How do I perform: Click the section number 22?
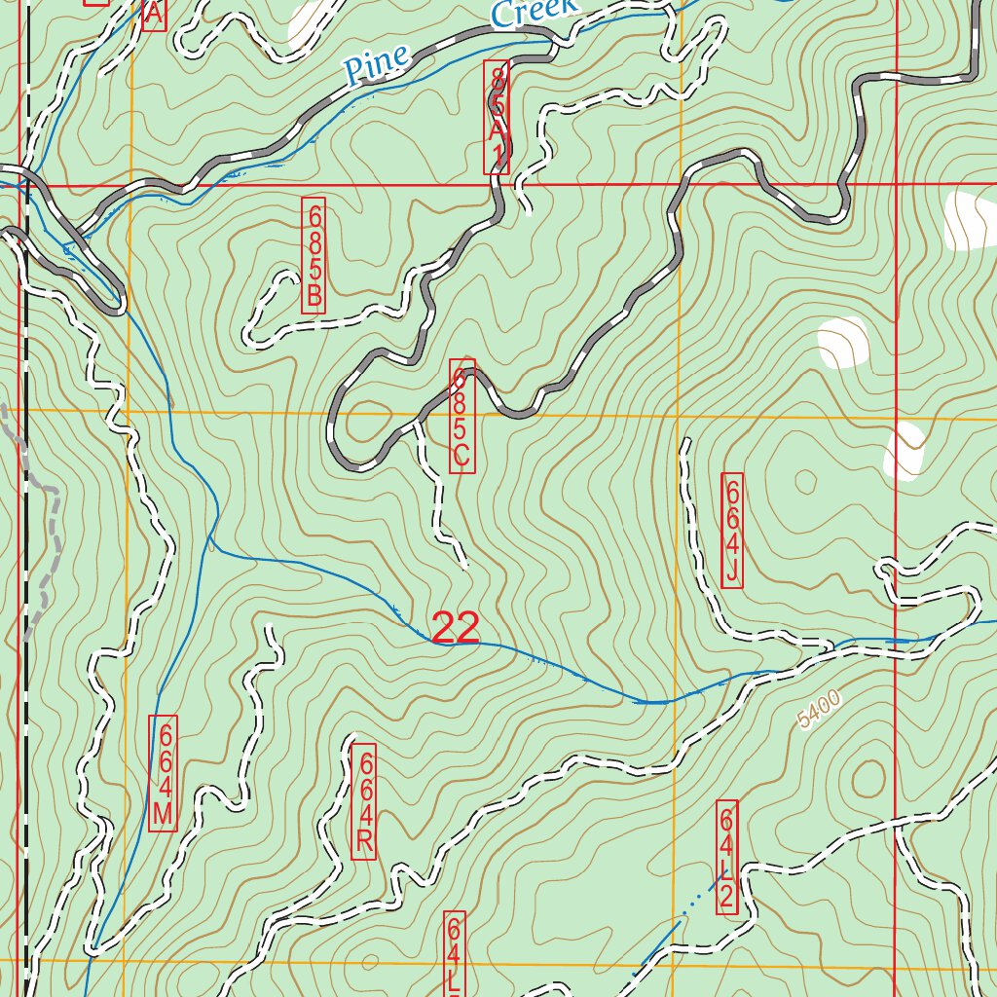click(455, 629)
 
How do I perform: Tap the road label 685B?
click(314, 254)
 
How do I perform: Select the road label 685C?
click(462, 417)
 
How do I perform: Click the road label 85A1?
click(497, 117)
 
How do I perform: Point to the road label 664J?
click(732, 531)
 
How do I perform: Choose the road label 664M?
click(163, 772)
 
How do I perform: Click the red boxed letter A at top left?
click(154, 14)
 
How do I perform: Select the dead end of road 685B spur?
click(290, 277)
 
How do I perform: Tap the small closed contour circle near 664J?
click(805, 480)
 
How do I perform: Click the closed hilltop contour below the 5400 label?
click(866, 777)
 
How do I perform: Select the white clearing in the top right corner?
click(969, 222)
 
